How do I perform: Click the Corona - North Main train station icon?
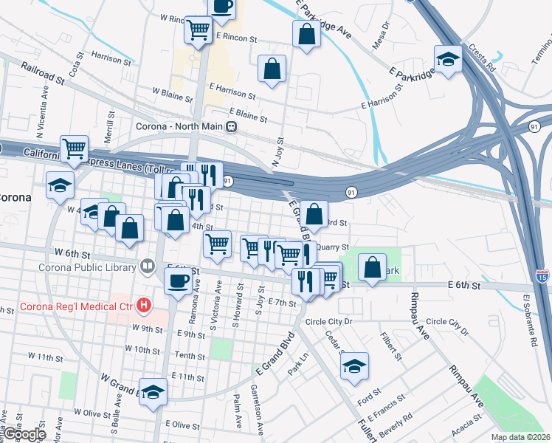[232, 126]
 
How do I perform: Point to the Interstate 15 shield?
[542, 275]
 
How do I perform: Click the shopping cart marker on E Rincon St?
[198, 31]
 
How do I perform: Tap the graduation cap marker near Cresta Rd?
[447, 58]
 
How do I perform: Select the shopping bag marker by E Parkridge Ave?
[306, 35]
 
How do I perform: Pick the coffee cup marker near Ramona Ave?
[178, 281]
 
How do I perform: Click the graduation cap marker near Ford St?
[355, 366]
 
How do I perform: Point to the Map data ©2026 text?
[520, 437]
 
